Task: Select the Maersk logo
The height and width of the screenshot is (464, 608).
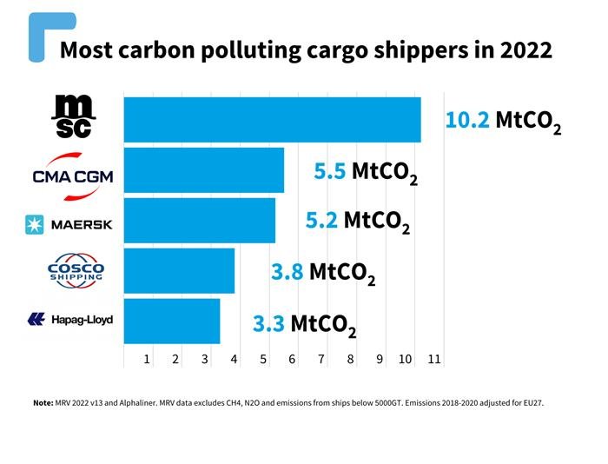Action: coord(69,225)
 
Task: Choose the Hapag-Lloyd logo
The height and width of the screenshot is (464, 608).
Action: coord(70,320)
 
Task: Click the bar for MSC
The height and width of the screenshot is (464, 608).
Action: coord(272,119)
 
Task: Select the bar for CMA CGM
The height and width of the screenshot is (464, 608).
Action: coord(204,170)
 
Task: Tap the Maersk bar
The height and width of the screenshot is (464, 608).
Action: coord(200,221)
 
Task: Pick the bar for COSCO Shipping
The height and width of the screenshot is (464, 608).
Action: coord(179,271)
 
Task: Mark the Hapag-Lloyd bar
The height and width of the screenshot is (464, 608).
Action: coord(172,321)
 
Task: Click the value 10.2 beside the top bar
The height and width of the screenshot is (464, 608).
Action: coord(468,120)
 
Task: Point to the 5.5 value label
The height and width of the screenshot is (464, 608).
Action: coord(330,171)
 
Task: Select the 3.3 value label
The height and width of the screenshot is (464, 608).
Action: coord(268,324)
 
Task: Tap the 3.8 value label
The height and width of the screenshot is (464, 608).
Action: coord(287,272)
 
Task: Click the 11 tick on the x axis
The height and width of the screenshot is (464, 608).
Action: coord(434,359)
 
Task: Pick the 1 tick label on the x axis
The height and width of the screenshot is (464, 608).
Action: coord(147,359)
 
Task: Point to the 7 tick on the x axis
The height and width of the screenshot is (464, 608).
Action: coord(321,359)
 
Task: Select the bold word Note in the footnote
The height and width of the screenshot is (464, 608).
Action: coord(43,403)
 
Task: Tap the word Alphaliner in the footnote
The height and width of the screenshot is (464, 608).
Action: coord(136,403)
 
